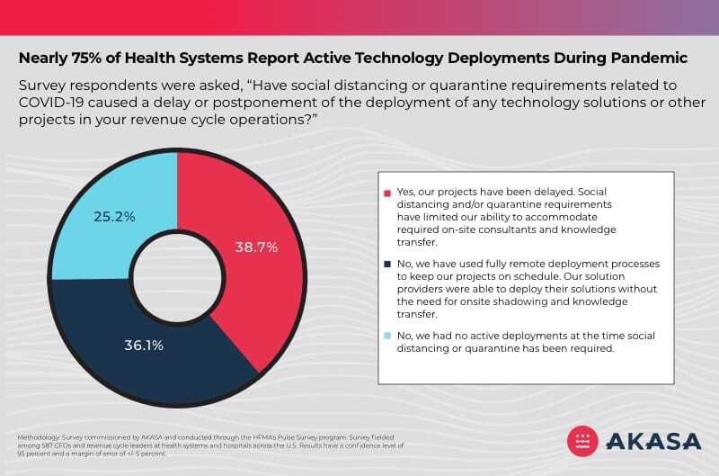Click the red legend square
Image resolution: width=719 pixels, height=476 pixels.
(x=388, y=193)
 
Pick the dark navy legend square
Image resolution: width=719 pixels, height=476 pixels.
(x=388, y=265)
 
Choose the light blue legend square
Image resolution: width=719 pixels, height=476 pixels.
(x=388, y=336)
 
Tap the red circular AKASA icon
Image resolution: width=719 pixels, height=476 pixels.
(x=585, y=440)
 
